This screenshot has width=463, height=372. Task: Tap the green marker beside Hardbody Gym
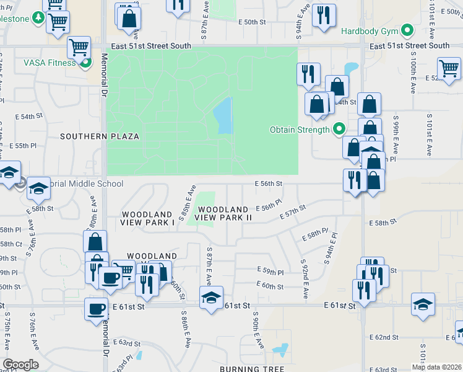click(x=407, y=30)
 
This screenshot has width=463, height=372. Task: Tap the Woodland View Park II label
click(x=223, y=214)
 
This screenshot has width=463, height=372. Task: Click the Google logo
click(x=20, y=365)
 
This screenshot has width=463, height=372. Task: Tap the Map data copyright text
click(x=436, y=367)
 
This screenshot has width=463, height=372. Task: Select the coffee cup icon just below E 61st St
click(x=96, y=308)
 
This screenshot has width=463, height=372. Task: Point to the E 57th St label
click(x=293, y=212)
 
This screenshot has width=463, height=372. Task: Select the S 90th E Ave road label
click(x=256, y=329)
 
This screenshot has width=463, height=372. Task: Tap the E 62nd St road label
click(x=386, y=337)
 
